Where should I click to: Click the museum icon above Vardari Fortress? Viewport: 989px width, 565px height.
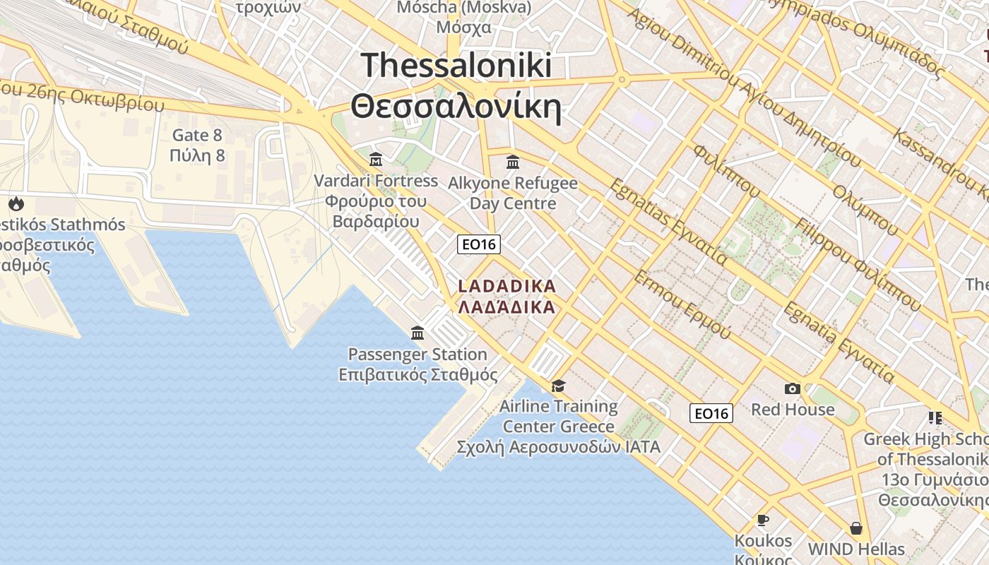[376, 160]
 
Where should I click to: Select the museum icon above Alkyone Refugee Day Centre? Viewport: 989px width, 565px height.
[513, 162]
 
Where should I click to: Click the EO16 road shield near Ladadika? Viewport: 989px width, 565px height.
[479, 244]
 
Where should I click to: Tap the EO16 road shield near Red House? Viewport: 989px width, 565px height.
[711, 413]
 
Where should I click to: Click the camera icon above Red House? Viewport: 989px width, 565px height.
[793, 388]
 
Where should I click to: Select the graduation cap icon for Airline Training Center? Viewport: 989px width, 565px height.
[558, 386]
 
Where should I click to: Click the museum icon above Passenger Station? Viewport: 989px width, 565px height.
[417, 333]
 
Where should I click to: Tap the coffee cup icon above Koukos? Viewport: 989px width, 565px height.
[763, 521]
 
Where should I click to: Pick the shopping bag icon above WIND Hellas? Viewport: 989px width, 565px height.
[856, 528]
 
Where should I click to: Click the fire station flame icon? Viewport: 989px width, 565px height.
[16, 204]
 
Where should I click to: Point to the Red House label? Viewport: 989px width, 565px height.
[793, 410]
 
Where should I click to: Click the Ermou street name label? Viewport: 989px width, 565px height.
[681, 304]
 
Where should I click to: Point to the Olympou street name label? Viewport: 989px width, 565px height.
[865, 210]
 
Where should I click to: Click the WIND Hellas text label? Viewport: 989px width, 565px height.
[856, 549]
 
